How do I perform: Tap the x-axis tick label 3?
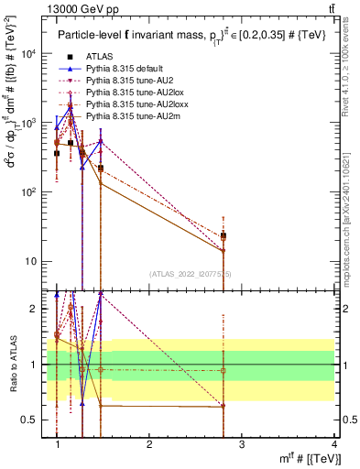[x=241, y=444]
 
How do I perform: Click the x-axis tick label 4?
[x=333, y=444]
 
